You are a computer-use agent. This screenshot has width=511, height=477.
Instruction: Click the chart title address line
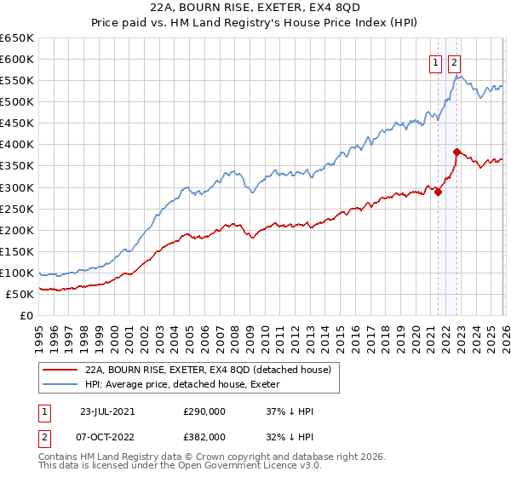[255, 9]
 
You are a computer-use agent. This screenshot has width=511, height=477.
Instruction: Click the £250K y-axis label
[17, 209]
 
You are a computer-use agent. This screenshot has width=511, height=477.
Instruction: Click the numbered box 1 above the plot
[435, 62]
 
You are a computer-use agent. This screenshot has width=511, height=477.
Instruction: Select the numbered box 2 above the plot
[454, 62]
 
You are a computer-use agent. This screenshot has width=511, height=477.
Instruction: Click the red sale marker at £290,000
[439, 192]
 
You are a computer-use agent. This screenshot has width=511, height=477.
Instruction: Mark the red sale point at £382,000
[456, 152]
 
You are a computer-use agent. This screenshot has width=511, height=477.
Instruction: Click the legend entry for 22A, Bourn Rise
[213, 370]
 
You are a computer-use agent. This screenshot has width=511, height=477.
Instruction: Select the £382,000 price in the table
[204, 435]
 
